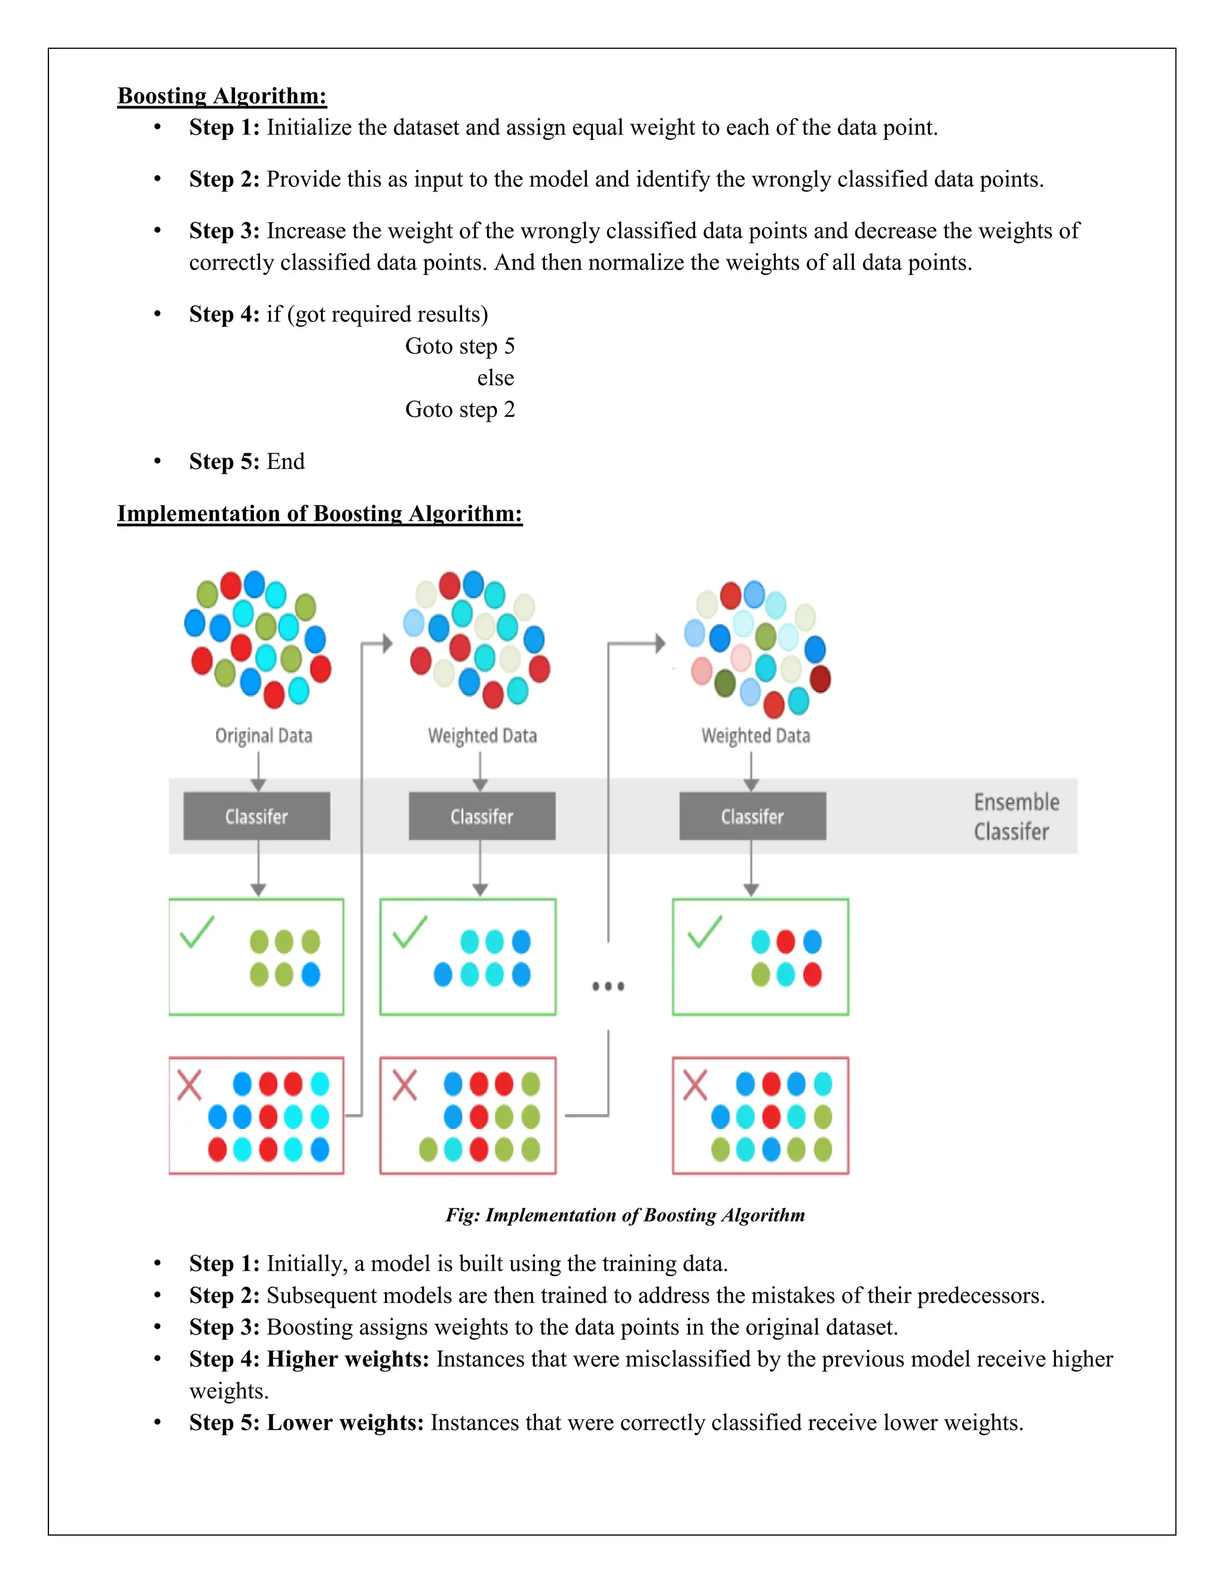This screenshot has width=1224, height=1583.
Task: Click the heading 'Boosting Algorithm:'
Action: coord(222,96)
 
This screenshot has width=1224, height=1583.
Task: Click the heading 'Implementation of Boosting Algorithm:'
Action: coord(320,513)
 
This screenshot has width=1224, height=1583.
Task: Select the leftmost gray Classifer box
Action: coord(256,816)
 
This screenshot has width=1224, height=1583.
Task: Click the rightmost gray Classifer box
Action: coord(752,816)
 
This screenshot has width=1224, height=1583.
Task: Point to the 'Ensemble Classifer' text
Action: coord(1015,816)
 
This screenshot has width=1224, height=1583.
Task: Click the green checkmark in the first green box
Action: coord(197,931)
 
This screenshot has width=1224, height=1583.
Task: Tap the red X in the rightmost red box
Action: coord(694,1085)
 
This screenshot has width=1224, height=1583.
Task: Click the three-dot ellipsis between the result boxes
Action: coord(608,986)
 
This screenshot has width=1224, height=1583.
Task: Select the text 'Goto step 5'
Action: coord(460,346)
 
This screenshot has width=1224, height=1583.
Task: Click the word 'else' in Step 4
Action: coord(495,378)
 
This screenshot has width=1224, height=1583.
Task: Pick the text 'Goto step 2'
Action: coord(460,410)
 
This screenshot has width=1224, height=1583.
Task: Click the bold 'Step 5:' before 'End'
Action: coord(224,461)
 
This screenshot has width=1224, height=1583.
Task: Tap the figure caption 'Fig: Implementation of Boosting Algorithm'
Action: coord(625,1215)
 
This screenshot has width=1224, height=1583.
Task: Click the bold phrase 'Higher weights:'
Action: coord(348,1358)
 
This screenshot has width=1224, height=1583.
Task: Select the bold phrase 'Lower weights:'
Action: coord(345,1422)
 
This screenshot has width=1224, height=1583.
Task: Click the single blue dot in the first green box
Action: coord(310,974)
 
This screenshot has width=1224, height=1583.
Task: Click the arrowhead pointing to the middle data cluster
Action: coord(387,643)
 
